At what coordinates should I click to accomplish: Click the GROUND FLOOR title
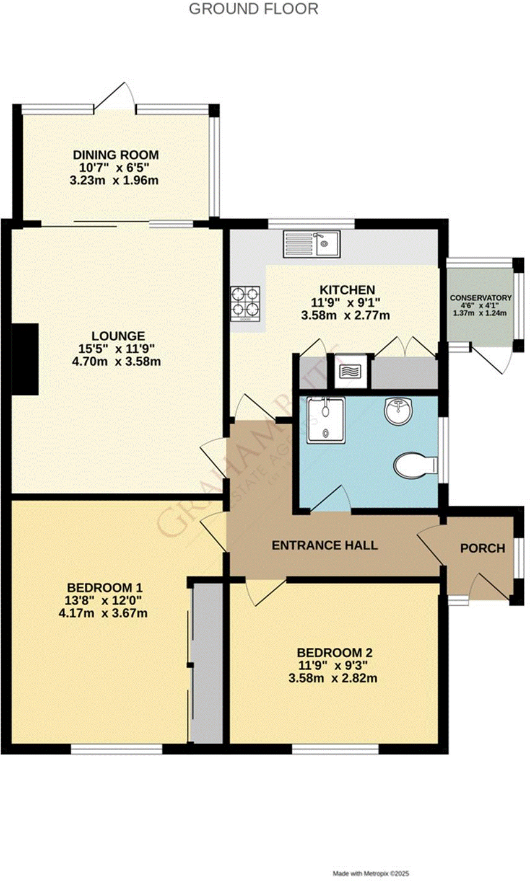253,9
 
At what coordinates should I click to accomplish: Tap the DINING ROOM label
116,155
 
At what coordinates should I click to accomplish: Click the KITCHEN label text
347,290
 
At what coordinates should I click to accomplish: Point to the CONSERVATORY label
480,298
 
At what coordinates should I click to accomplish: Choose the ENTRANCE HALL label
325,546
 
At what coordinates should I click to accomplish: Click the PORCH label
482,548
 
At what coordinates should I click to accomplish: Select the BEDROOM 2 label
334,653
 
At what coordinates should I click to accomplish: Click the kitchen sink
310,244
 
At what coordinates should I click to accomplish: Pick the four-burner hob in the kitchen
245,303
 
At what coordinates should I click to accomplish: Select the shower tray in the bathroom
325,420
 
